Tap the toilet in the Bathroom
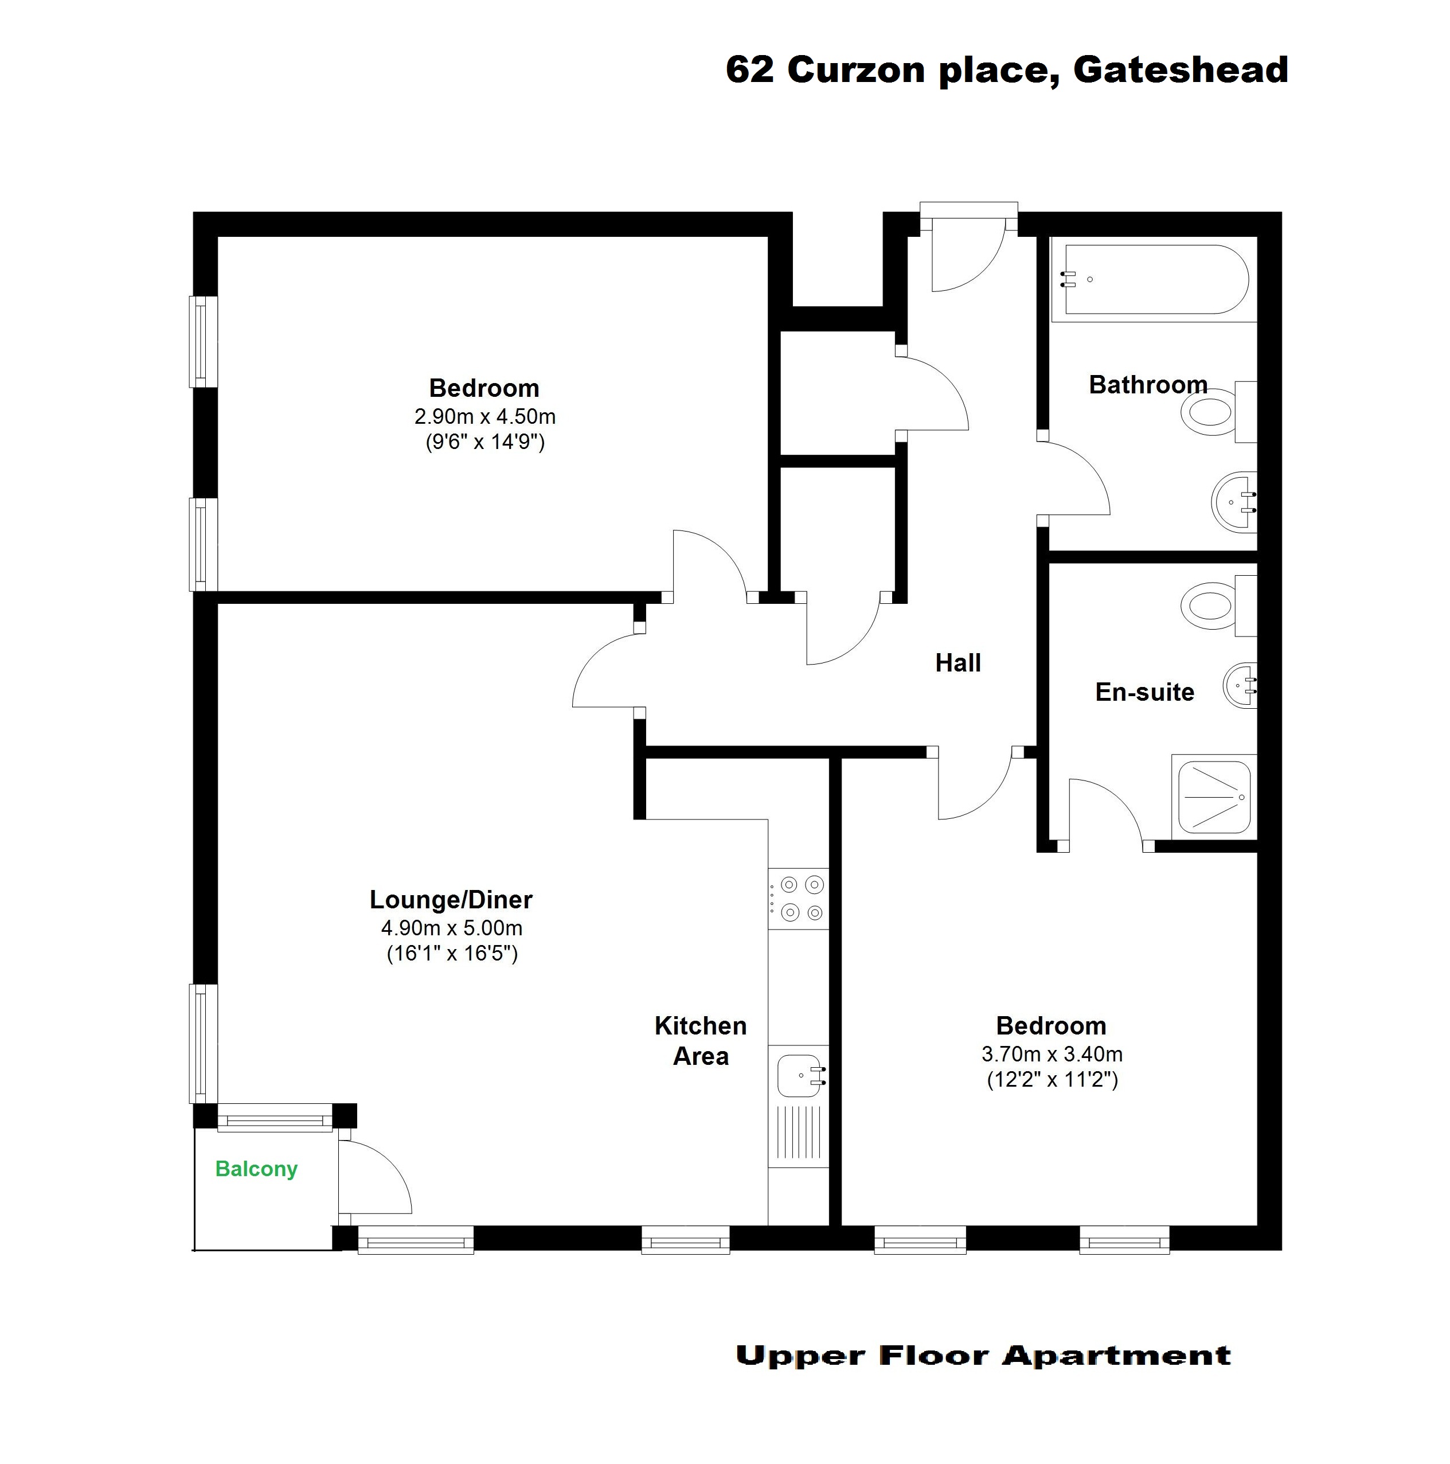(x=1218, y=412)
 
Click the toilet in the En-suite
(x=1218, y=606)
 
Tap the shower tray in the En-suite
(x=1214, y=797)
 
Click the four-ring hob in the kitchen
(x=799, y=899)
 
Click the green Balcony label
(x=256, y=1169)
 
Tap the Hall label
(x=957, y=663)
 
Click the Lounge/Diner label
(x=451, y=900)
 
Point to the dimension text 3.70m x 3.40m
(x=1052, y=1054)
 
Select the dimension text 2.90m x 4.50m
(x=485, y=416)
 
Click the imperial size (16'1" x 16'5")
(x=452, y=952)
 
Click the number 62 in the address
(x=750, y=70)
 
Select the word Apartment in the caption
(x=1117, y=1356)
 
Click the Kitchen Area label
(x=701, y=1040)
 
